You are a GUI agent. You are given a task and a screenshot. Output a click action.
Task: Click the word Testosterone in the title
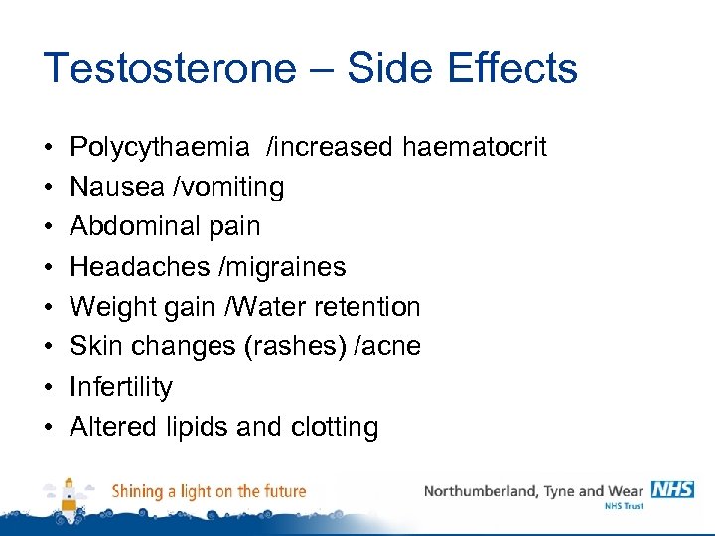coord(170,68)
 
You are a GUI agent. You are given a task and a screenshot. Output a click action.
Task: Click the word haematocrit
coord(474,147)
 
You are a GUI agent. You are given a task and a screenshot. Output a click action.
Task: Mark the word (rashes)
coord(304,346)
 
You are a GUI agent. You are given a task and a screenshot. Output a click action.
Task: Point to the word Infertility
coord(121,386)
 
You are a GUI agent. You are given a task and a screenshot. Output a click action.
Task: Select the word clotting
coord(335,427)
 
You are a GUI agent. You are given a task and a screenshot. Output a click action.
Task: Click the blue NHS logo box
coord(672,489)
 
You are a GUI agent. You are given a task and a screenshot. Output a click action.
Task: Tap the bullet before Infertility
coord(48,387)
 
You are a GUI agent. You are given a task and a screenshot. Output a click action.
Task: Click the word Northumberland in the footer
coord(477,491)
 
